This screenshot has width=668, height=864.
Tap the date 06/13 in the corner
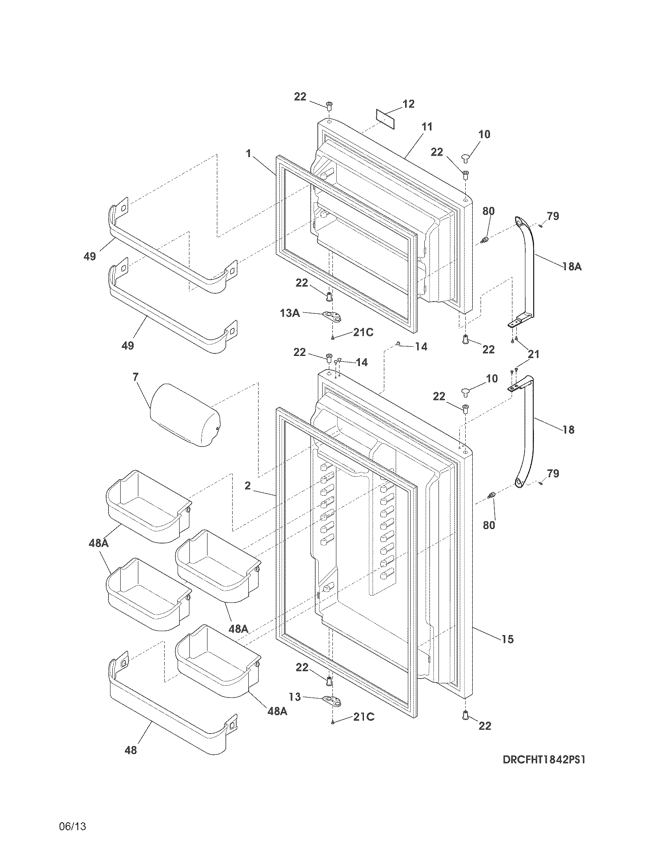point(72,826)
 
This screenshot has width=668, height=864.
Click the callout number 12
point(408,104)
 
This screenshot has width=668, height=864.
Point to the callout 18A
point(572,267)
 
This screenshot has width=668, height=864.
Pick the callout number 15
point(507,639)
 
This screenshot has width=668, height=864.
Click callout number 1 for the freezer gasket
point(248,154)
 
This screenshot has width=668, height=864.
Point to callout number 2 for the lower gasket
point(247,485)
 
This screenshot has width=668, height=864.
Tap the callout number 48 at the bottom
point(130,761)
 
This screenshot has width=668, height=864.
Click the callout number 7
point(136,377)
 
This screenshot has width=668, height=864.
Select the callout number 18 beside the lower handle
point(568,430)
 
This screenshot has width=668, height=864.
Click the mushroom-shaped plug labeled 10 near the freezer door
point(465,159)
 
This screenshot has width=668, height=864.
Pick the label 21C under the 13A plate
point(363,332)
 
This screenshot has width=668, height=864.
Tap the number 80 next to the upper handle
point(488,211)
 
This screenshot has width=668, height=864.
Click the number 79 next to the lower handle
point(553,473)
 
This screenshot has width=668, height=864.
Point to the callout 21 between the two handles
point(534,355)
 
